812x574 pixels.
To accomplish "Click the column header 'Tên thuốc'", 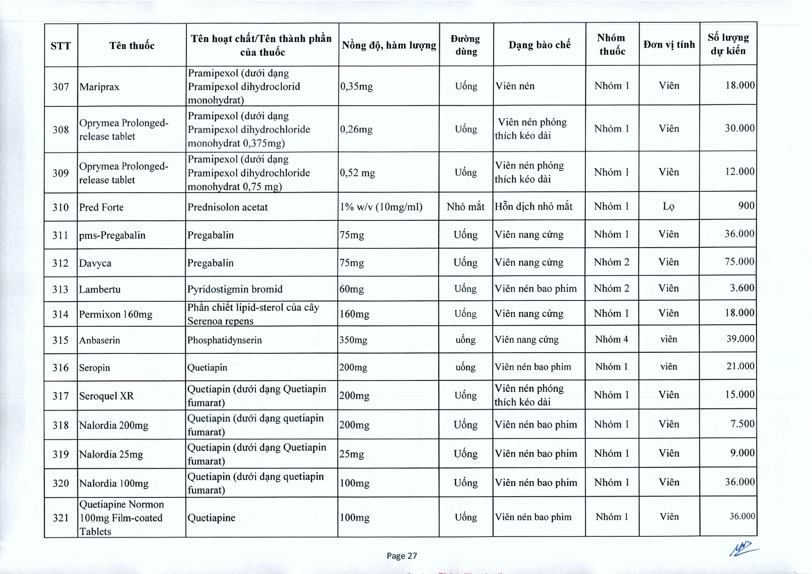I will point(132,46).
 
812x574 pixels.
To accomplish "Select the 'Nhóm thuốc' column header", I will point(612,45).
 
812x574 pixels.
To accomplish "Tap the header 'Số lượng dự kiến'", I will point(728,44).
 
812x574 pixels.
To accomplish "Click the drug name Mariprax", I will point(100,87).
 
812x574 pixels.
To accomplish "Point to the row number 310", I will point(61,207).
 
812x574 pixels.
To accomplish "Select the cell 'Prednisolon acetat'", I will point(227,207).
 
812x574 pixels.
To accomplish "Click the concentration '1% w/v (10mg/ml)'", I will point(381,207).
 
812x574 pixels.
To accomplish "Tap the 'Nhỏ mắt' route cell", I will point(465,206).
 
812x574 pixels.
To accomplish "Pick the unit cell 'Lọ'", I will point(668,206).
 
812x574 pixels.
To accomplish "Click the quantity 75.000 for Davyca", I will point(739,262).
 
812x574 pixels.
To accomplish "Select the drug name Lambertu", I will point(100,289).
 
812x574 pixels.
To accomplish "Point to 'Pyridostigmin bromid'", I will point(235,289).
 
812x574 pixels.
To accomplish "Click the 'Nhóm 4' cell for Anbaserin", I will point(612,339).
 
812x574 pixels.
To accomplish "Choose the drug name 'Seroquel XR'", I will point(107,396).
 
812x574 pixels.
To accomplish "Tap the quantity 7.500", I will point(742,424).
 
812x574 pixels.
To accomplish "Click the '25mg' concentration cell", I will point(352,454).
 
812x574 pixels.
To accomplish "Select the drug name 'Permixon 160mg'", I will point(116,314).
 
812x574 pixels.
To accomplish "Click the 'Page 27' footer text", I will point(402,556).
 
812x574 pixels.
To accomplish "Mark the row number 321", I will point(61,518).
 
